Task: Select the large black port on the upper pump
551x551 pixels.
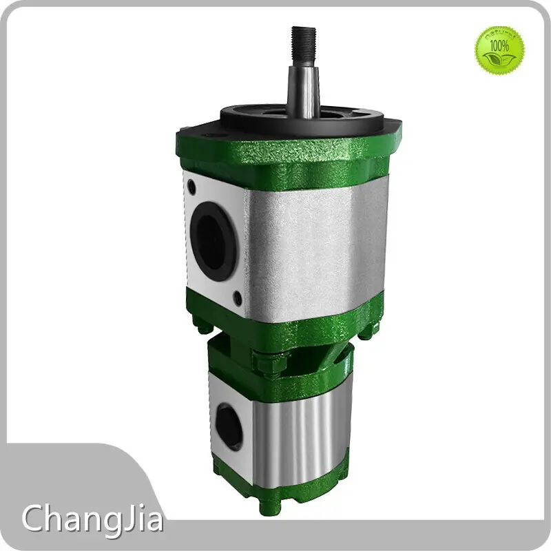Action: pos(214,238)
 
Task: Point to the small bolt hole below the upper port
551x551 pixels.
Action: pos(238,298)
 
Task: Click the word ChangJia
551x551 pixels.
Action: pos(92,518)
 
